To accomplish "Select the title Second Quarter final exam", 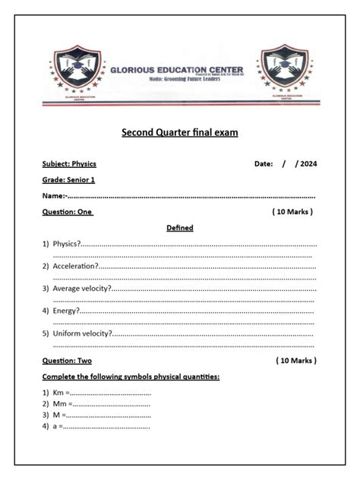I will (x=180, y=133).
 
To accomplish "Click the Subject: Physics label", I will (x=69, y=164).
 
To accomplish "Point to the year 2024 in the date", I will (x=308, y=164).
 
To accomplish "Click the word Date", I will (x=263, y=164).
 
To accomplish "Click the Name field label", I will (x=54, y=197).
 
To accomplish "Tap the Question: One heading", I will (x=67, y=213).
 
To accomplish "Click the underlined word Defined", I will (x=180, y=228).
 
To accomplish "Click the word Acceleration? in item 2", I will (x=75, y=267).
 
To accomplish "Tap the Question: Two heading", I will (x=67, y=361).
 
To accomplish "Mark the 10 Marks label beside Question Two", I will (x=296, y=361).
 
